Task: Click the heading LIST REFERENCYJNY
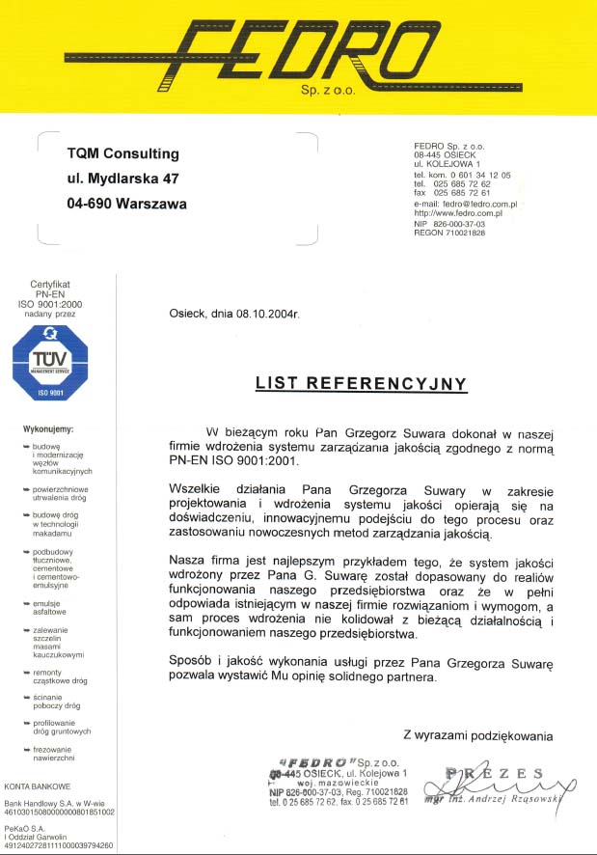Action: click(x=361, y=383)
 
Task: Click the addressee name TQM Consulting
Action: click(x=123, y=153)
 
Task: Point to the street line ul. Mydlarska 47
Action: click(x=123, y=179)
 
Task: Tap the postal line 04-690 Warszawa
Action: click(x=127, y=204)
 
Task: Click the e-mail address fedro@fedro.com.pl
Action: click(x=480, y=205)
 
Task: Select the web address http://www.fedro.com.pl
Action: click(x=458, y=213)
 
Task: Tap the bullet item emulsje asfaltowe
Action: click(x=50, y=607)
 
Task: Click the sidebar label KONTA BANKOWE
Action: click(x=39, y=786)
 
